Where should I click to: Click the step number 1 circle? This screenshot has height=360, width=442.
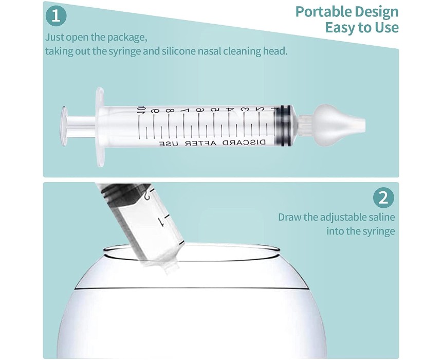click(x=56, y=15)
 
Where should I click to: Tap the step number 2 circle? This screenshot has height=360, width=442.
click(x=383, y=198)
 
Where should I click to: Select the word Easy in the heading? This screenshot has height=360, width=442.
click(x=340, y=28)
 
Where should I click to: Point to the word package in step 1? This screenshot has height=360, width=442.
click(x=126, y=38)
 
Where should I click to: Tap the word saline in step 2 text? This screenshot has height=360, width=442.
click(x=382, y=217)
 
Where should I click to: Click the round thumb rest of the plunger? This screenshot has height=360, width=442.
click(x=65, y=127)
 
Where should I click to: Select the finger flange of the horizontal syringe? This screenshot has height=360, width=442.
click(x=100, y=126)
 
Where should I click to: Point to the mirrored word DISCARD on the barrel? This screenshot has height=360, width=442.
click(x=244, y=142)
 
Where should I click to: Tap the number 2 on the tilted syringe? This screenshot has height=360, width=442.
click(x=147, y=195)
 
